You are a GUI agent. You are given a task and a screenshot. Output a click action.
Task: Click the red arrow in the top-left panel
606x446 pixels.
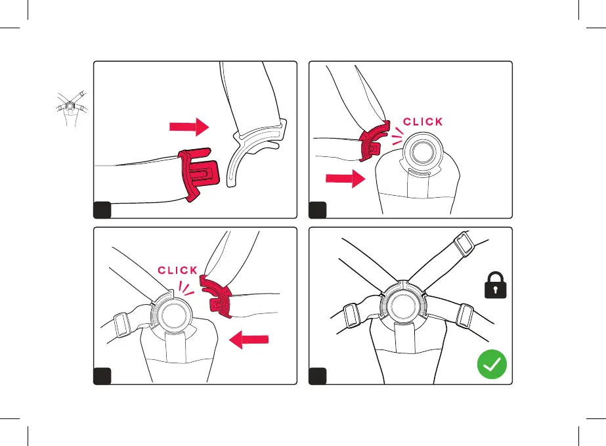coord(189,127)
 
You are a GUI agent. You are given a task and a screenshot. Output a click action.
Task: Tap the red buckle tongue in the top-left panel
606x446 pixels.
coord(199,173)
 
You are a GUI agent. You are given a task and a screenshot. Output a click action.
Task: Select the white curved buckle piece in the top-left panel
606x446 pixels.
coord(255,152)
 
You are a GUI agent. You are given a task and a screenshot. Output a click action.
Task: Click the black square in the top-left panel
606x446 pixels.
coord(102,210)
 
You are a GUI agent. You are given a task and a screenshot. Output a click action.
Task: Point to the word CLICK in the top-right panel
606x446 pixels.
coord(423,122)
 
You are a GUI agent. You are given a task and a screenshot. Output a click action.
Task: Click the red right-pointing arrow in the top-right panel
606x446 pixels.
coord(345,178)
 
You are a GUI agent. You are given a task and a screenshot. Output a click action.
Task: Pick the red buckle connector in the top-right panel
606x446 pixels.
coord(374,141)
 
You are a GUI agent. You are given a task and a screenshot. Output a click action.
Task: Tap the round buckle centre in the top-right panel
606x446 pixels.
coord(423,152)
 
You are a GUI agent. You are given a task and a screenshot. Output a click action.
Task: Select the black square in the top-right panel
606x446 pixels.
coord(318,210)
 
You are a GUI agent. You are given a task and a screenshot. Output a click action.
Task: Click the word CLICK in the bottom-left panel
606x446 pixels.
coord(177,270)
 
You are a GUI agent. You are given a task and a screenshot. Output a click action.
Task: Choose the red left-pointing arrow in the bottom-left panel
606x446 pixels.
coord(249,340)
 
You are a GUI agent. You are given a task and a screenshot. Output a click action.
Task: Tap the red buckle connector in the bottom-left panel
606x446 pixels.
coord(217,296)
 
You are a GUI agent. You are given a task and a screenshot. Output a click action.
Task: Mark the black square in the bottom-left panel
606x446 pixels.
coord(102,376)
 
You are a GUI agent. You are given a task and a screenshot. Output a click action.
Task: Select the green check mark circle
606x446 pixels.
coord(492,364)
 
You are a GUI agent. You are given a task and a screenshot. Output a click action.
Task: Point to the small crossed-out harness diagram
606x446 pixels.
coord(72,109)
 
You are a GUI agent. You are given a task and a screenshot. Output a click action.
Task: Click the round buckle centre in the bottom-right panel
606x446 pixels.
coord(402,306)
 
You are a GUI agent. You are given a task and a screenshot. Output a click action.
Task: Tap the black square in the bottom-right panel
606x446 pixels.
coord(318,376)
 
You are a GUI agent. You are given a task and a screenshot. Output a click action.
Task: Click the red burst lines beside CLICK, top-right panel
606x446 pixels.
coord(398,137)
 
